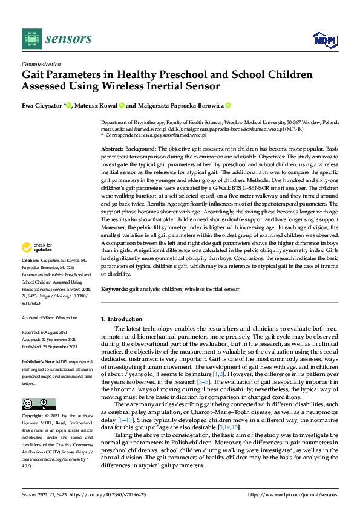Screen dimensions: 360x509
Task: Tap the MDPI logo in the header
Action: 324,39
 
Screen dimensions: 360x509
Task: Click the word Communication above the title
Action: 41,64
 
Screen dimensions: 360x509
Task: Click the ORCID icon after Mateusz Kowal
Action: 121,105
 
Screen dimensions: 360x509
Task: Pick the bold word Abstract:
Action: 112,149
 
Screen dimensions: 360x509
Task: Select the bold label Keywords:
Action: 114,290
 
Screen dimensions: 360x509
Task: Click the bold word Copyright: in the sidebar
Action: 33,417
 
